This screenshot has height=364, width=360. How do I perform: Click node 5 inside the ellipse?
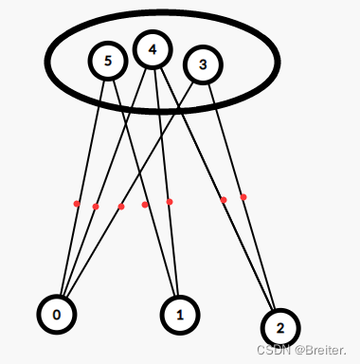[x=107, y=61]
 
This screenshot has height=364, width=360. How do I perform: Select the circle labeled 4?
[x=153, y=49]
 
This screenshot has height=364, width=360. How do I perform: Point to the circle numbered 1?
[x=179, y=313]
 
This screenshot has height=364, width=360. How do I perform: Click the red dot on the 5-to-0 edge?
[x=77, y=203]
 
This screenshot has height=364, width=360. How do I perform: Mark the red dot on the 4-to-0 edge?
[x=96, y=206]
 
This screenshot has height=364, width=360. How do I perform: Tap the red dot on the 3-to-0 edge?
[x=121, y=206]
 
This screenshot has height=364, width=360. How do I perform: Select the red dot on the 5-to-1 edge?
[x=145, y=204]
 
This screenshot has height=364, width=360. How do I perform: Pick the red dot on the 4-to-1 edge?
[x=170, y=201]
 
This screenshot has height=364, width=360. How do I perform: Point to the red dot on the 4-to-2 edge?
[x=224, y=199]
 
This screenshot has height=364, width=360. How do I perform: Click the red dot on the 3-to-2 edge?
[x=243, y=197]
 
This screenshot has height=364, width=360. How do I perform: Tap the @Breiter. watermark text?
[x=320, y=349]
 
